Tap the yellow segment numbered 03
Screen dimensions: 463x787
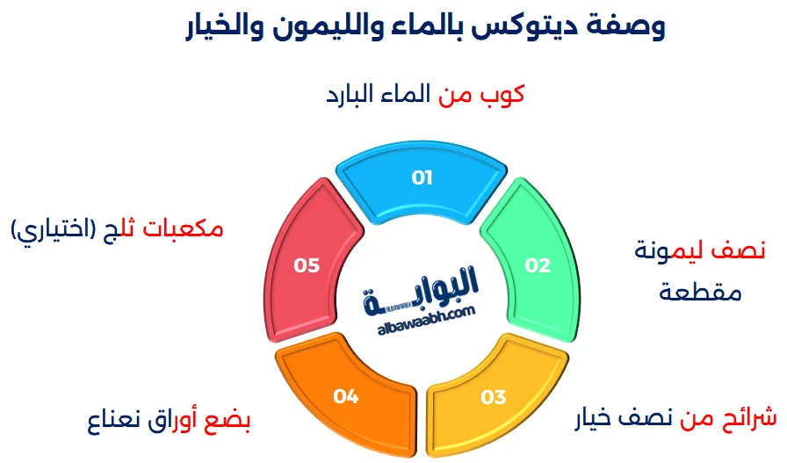(x=493, y=396)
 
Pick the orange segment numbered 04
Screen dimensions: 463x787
(x=346, y=396)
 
